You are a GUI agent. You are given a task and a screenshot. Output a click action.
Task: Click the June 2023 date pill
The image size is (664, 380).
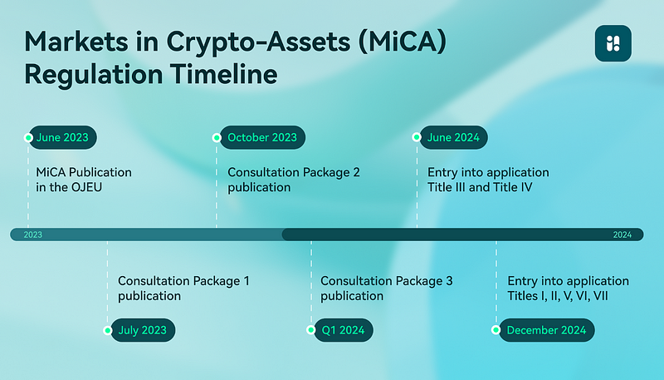[62, 137]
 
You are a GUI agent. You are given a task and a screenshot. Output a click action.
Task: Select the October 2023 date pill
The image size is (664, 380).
[262, 137]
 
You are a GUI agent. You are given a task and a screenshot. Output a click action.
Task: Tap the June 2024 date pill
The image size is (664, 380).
[453, 137]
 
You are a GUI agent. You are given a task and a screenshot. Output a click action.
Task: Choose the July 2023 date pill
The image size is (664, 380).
[143, 330]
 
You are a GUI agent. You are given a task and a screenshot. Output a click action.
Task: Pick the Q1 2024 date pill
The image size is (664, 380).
[344, 330]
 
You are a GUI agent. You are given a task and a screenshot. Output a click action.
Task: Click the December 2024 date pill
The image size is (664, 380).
[547, 330]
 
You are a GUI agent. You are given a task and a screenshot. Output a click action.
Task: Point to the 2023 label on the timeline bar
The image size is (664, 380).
[33, 235]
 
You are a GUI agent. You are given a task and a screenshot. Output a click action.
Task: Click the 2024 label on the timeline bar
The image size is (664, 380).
[622, 235]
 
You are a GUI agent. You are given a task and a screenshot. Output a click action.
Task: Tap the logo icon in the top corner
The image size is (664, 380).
[613, 43]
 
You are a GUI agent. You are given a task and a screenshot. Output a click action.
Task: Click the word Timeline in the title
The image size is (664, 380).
[224, 75]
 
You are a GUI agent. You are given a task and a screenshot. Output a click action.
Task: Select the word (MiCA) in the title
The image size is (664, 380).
[403, 42]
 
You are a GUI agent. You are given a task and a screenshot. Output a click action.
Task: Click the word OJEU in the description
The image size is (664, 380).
[86, 187]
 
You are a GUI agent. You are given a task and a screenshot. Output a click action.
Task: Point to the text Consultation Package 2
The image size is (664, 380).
[294, 172]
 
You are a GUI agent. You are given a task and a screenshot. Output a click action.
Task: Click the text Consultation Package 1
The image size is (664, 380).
[183, 281]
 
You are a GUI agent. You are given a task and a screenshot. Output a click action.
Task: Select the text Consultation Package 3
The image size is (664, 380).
[387, 281]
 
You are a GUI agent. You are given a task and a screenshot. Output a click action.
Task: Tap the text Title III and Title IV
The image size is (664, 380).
[480, 187]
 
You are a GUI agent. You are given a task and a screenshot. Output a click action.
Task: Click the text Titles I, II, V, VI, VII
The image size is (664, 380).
[558, 296]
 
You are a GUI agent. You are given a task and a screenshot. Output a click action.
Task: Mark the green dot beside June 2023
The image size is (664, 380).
[28, 137]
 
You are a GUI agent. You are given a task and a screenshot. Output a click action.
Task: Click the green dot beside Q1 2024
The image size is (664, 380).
[310, 330]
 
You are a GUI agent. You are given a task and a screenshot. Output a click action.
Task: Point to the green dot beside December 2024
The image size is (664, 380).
[496, 330]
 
